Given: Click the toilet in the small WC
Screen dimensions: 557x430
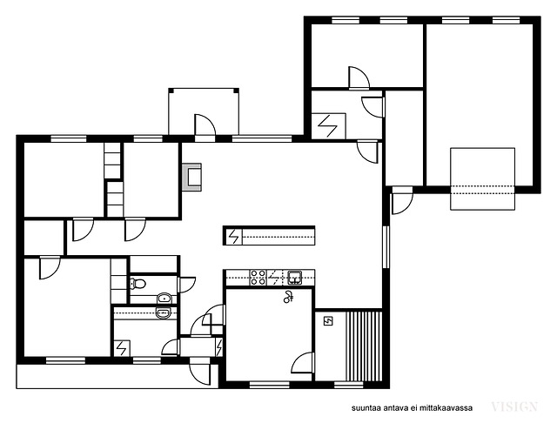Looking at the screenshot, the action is point(138,284).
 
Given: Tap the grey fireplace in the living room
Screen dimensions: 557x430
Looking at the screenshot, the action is point(191,177).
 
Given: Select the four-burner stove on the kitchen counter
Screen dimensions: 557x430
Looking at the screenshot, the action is point(258,278).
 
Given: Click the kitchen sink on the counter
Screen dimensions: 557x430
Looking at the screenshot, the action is point(295,278).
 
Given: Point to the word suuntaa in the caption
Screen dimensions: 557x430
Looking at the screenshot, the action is point(366,408).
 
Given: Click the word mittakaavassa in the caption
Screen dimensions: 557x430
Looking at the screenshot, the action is point(446,408).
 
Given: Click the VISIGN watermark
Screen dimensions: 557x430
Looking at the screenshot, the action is point(514,406).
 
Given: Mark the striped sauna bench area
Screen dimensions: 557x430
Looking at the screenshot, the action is point(364,346).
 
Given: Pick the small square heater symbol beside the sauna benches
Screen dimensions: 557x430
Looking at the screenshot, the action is point(328,321).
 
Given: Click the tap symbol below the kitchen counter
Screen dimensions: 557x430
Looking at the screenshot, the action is point(288,296).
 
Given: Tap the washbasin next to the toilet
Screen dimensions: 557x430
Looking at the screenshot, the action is point(164,298).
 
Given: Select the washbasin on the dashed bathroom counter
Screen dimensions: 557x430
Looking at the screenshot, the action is point(164,312).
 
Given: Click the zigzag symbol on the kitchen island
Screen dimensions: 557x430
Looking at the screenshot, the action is point(234,237).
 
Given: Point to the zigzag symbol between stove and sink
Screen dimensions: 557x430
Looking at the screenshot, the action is point(274,278).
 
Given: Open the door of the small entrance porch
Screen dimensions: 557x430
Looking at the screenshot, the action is point(205,125).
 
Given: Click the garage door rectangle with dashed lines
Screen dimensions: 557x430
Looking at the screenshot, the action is point(483,178).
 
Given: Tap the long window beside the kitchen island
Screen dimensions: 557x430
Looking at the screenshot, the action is point(386,246).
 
